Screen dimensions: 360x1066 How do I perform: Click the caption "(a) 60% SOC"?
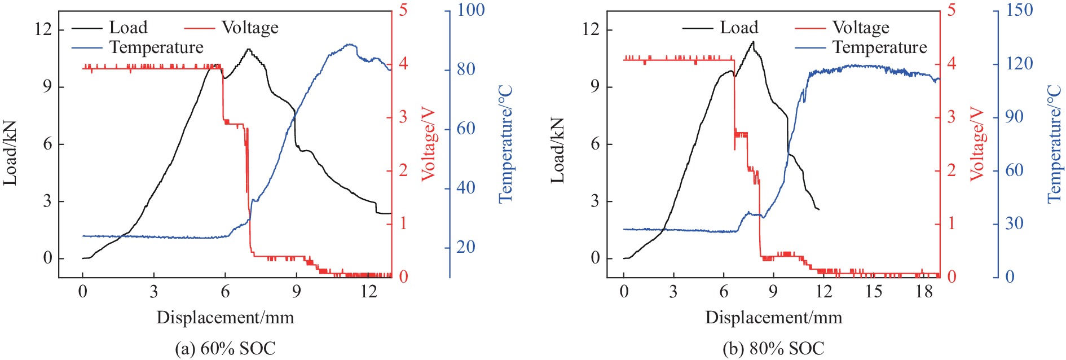pyautogui.click(x=225, y=348)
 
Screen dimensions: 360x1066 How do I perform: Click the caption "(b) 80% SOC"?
pyautogui.click(x=773, y=348)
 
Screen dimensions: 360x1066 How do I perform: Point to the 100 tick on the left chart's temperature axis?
pyautogui.click(x=470, y=10)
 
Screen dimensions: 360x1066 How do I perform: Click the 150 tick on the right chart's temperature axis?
pyautogui.click(x=1019, y=10)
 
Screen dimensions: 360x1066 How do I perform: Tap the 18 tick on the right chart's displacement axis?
pyautogui.click(x=924, y=292)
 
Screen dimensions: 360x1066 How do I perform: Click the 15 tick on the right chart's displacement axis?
pyautogui.click(x=874, y=292)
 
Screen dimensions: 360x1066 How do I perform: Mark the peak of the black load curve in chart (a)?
pyautogui.click(x=249, y=49)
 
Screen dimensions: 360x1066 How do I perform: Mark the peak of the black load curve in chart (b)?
pyautogui.click(x=752, y=41)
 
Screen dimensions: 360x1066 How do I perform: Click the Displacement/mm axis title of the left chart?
pyautogui.click(x=225, y=317)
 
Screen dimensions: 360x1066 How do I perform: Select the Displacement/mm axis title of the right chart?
pyautogui.click(x=773, y=317)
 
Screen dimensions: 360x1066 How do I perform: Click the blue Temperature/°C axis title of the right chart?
pyautogui.click(x=1054, y=144)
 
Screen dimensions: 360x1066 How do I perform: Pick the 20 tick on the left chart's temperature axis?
pyautogui.click(x=465, y=247)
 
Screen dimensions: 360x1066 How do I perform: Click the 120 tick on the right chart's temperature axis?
pyautogui.click(x=1019, y=63)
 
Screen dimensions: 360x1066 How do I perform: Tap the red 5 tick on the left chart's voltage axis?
pyautogui.click(x=403, y=10)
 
